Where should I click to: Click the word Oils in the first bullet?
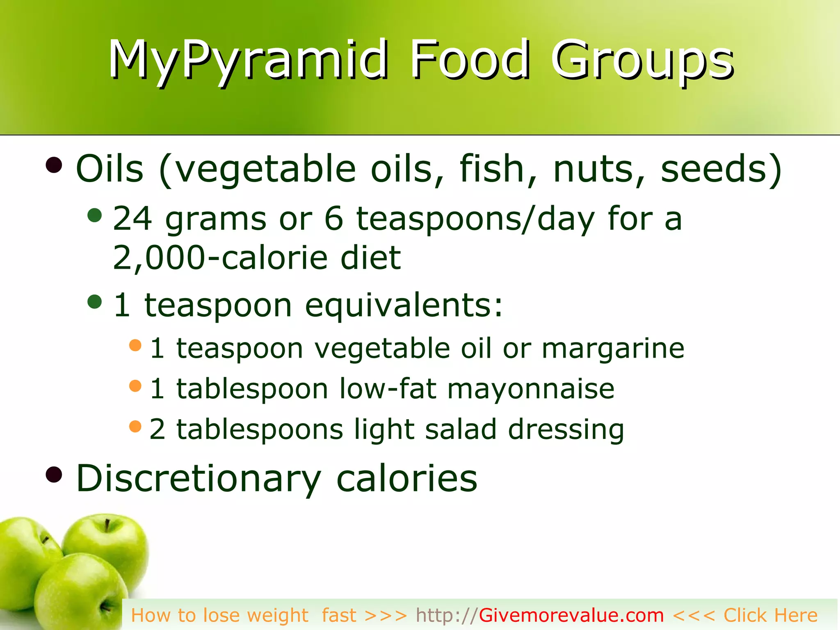pyautogui.click(x=110, y=169)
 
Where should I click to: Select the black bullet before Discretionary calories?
pyautogui.click(x=54, y=475)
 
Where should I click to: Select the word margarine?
pyautogui.click(x=613, y=349)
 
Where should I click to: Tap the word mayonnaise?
pyautogui.click(x=531, y=388)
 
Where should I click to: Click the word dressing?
pyautogui.click(x=566, y=430)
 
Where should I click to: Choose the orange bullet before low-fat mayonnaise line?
pyautogui.click(x=135, y=386)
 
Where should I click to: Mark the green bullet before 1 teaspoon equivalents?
pyautogui.click(x=95, y=302)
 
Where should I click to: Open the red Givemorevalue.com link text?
pyautogui.click(x=571, y=615)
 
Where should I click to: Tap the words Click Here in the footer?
pyautogui.click(x=770, y=615)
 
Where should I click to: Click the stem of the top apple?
pyautogui.click(x=107, y=525)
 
